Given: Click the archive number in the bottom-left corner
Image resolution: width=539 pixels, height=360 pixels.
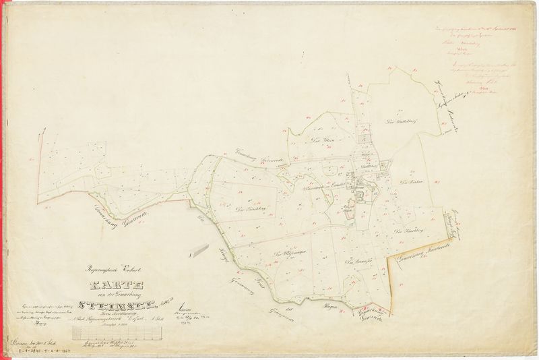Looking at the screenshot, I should [x=30, y=351].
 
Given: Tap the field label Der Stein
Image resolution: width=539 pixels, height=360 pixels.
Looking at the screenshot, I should [x=314, y=140].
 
